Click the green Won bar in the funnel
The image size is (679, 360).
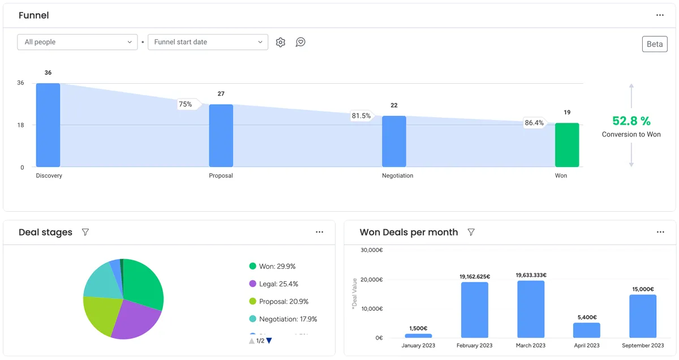(x=567, y=145)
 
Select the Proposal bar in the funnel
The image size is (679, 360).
(x=221, y=136)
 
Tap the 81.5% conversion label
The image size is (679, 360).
(x=361, y=116)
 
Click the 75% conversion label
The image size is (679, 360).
(x=186, y=104)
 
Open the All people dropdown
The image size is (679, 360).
(x=78, y=42)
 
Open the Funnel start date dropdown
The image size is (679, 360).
(x=208, y=42)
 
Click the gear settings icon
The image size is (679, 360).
(x=281, y=42)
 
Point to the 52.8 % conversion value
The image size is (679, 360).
(x=631, y=121)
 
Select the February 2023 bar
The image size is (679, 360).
(x=474, y=310)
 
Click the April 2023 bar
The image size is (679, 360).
(x=586, y=331)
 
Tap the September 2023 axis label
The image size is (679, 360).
(x=643, y=345)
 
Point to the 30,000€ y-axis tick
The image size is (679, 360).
(x=372, y=250)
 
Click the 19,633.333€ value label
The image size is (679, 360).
(x=531, y=275)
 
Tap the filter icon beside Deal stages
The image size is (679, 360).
(x=85, y=232)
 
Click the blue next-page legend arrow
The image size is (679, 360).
(x=269, y=341)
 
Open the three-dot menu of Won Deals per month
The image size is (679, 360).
(x=660, y=232)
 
